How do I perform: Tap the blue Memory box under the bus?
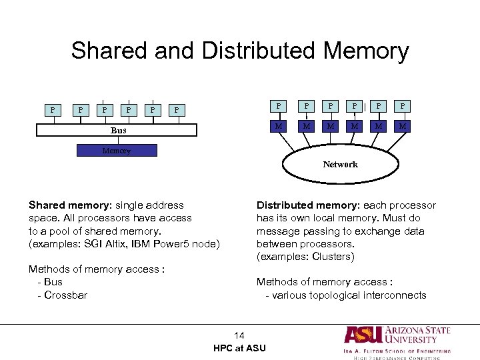coord(117,151)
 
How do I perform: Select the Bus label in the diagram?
coord(118,130)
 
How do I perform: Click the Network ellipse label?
coord(340,164)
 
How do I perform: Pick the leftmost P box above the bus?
coord(53,109)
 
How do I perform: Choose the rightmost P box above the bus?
coord(176,109)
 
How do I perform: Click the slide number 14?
coord(239,335)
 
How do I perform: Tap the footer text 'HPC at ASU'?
coord(239,348)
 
